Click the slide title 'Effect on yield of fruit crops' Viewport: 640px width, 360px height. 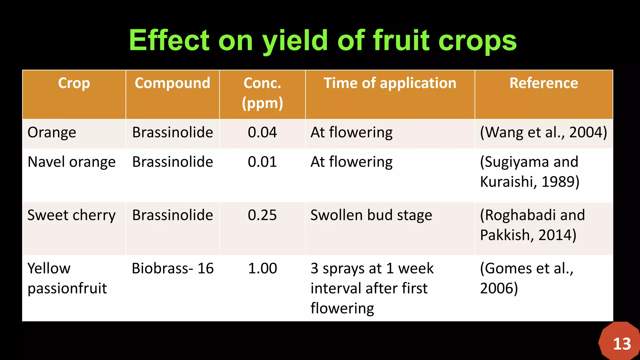click(323, 41)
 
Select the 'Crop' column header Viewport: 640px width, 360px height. click(74, 83)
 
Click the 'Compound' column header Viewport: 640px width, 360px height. click(172, 83)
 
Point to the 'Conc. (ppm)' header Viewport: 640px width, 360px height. click(262, 93)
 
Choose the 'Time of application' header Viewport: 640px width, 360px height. click(390, 83)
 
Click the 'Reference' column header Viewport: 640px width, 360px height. click(543, 83)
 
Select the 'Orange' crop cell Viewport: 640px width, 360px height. click(52, 132)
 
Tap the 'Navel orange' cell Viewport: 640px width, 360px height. click(72, 162)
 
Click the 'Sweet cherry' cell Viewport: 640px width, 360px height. click(72, 215)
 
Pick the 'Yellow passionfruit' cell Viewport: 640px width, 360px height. click(67, 278)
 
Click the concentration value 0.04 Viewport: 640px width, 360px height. click(262, 132)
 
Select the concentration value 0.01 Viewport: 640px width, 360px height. click(262, 162)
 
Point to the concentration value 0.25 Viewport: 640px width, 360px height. click(262, 215)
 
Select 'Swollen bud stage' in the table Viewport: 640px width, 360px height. click(371, 215)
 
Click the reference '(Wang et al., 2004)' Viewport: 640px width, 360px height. click(543, 132)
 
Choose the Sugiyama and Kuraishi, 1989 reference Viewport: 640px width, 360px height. click(529, 172)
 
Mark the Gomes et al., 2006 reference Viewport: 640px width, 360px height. click(527, 278)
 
